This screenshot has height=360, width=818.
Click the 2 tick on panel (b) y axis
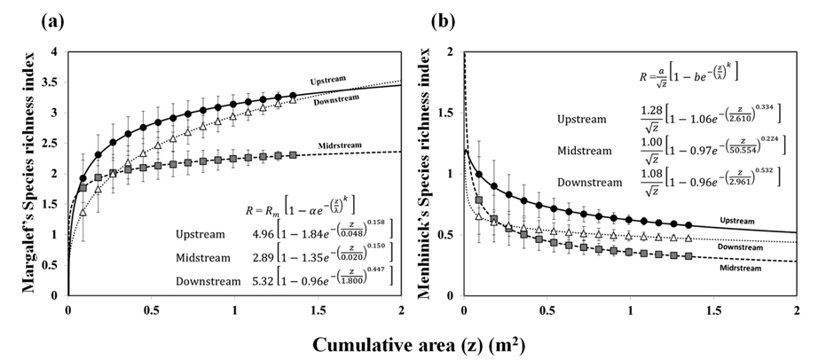coord(452,53)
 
